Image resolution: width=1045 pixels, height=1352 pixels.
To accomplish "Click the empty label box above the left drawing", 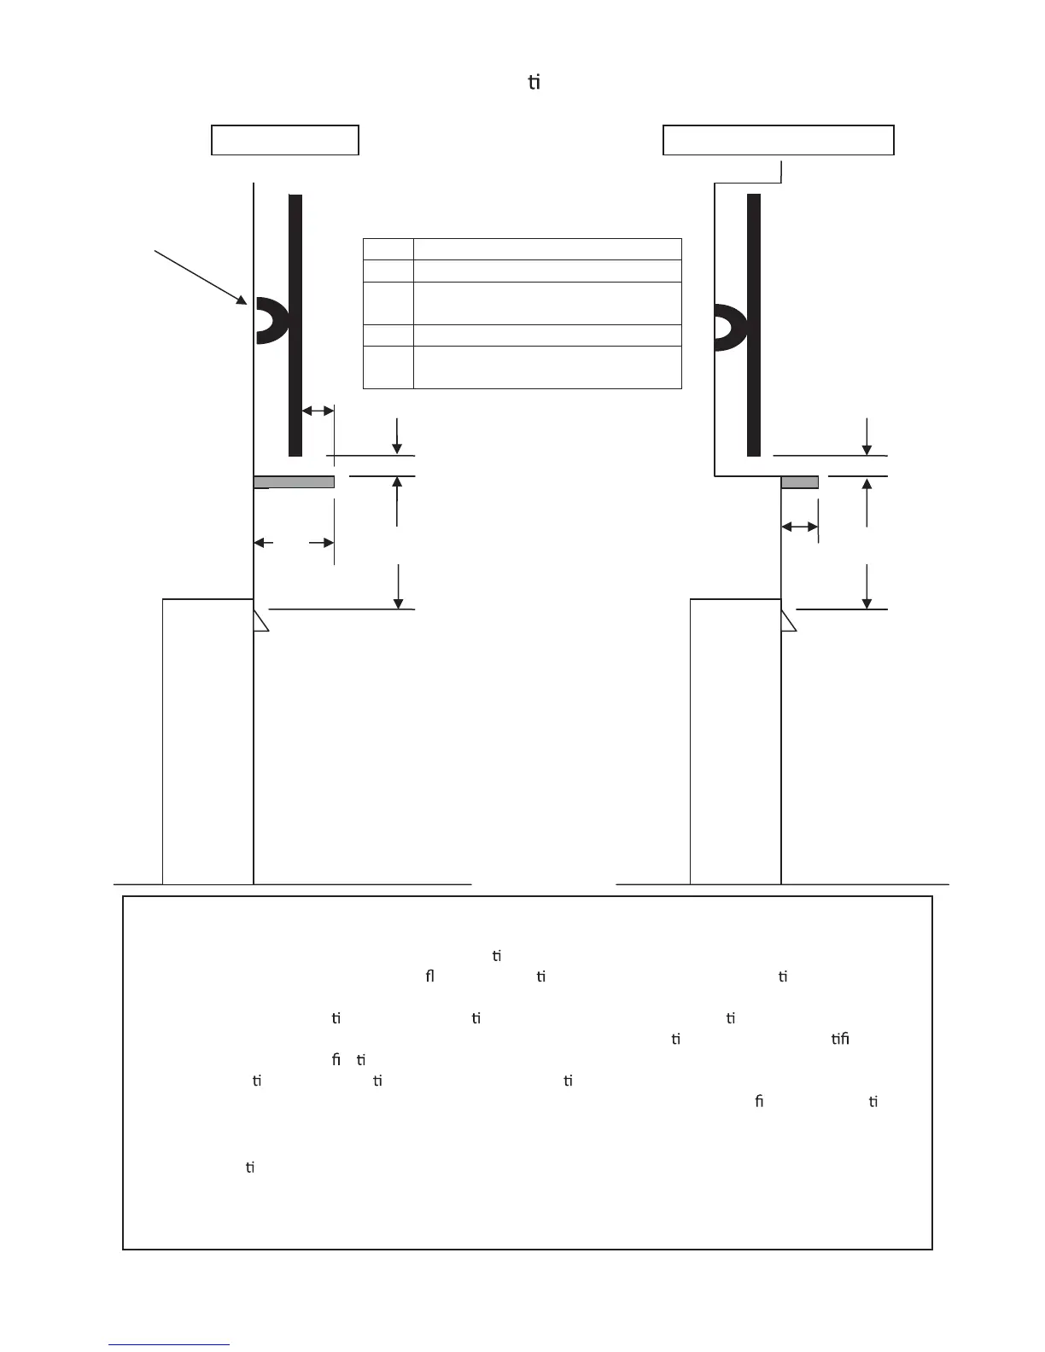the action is (284, 140).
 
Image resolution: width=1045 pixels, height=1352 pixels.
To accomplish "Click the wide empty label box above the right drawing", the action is (778, 140).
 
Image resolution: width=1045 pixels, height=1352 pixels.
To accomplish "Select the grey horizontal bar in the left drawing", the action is (294, 482).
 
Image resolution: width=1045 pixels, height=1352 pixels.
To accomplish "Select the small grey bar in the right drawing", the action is (799, 482).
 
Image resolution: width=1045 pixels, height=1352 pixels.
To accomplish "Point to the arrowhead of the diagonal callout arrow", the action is (242, 300).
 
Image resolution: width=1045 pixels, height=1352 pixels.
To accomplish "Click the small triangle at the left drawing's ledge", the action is (260, 619).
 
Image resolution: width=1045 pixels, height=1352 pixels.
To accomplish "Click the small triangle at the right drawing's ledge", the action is (787, 619).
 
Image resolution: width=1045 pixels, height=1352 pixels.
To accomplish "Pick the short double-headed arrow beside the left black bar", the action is (318, 411).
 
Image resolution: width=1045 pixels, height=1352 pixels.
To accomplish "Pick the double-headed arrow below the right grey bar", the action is (800, 527).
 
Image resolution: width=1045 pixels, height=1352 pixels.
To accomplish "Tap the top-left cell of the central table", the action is (388, 248).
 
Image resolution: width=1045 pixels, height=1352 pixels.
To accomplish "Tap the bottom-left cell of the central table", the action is (388, 367).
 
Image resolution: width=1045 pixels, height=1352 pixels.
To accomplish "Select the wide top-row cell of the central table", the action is (547, 248).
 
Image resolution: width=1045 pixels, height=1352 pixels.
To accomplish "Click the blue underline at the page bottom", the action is (169, 1345).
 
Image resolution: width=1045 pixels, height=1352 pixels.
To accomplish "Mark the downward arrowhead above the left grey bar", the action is (397, 449).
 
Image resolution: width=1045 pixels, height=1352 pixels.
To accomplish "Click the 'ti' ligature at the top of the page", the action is (534, 83).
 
